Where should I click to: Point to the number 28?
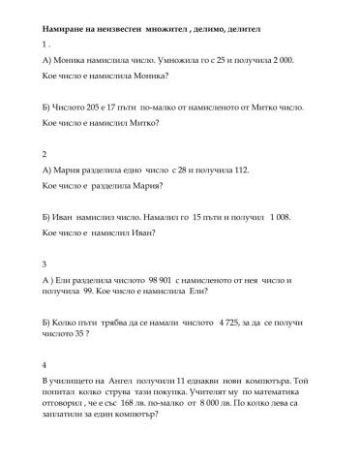tap(180, 170)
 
